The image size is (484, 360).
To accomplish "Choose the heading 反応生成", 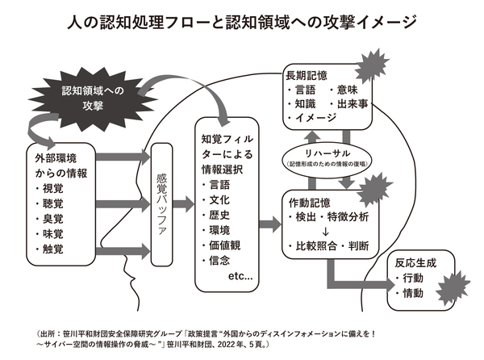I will tap(416, 263).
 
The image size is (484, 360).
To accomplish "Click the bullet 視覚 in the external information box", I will tap(60, 187).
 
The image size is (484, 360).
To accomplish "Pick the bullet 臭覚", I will tap(60, 218).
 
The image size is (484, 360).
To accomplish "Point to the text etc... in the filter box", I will tap(240, 277).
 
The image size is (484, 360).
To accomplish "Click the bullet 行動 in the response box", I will tap(412, 278).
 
